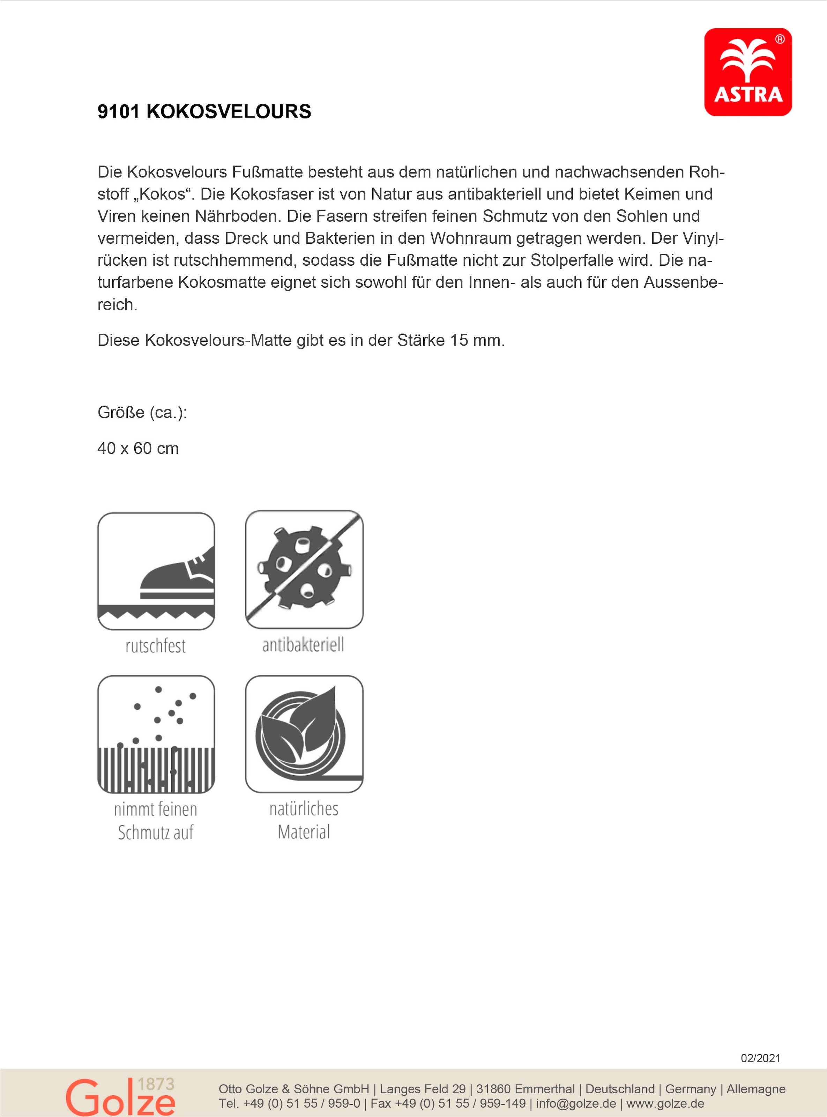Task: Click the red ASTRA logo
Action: [x=747, y=72]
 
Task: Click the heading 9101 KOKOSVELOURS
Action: [x=204, y=112]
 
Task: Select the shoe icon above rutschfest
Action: [x=156, y=571]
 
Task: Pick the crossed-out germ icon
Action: [x=304, y=570]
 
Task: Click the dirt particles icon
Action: [x=156, y=734]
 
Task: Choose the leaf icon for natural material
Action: [x=304, y=734]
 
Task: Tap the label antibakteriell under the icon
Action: [x=303, y=645]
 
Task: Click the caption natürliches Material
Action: [x=304, y=820]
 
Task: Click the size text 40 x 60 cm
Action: [x=138, y=449]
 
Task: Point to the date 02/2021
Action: [x=760, y=1058]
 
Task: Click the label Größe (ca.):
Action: [x=142, y=413]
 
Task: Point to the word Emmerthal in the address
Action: [x=545, y=1089]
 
